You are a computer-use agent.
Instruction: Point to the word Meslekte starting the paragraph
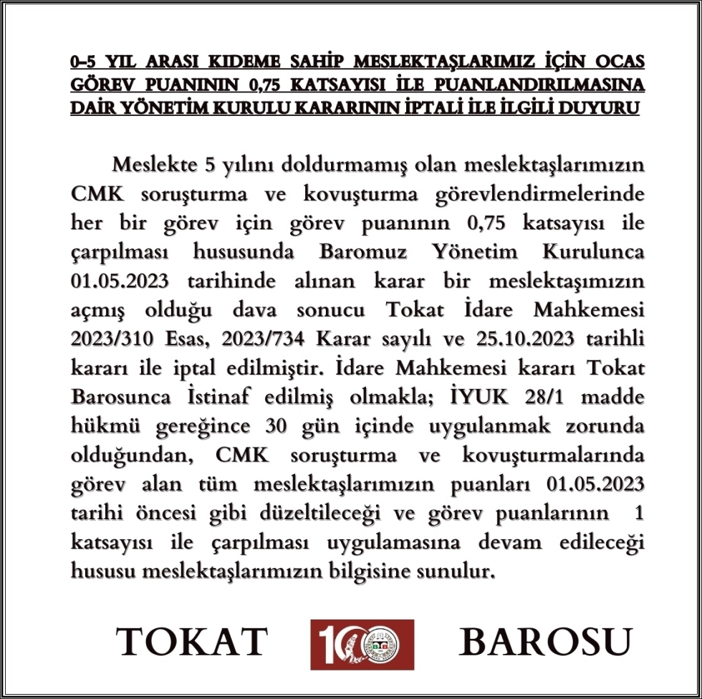click(x=153, y=164)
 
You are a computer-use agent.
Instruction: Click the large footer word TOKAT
click(x=192, y=642)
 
